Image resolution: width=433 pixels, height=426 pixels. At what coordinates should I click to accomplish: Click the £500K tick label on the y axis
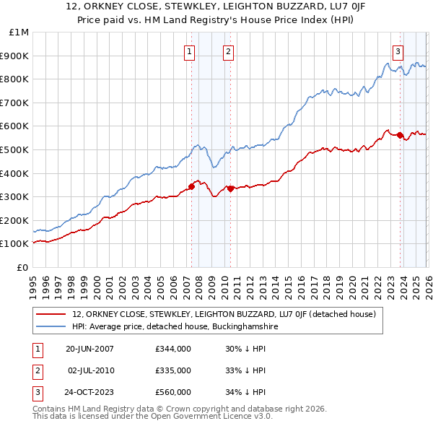coord(14,149)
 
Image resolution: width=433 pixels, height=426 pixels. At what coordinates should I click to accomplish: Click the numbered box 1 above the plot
coord(189,51)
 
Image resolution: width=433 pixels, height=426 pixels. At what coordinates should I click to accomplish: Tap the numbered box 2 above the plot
coord(227,51)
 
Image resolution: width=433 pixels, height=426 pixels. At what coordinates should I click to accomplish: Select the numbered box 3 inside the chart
coord(398,51)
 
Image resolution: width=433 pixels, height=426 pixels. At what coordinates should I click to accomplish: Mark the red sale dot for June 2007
coord(191,186)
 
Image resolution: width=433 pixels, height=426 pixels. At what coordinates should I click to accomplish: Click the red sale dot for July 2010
coord(230,188)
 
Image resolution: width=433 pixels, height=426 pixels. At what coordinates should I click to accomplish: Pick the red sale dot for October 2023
coord(400,136)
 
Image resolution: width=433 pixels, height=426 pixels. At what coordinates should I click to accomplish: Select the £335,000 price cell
coord(173,370)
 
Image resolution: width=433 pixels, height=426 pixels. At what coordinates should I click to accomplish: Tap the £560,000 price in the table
coord(173,393)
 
